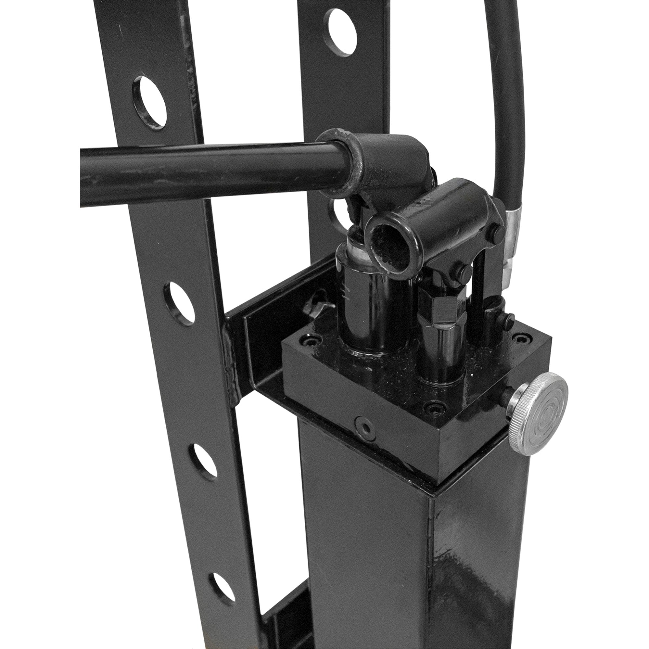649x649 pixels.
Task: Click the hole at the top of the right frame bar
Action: (x=342, y=32)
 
